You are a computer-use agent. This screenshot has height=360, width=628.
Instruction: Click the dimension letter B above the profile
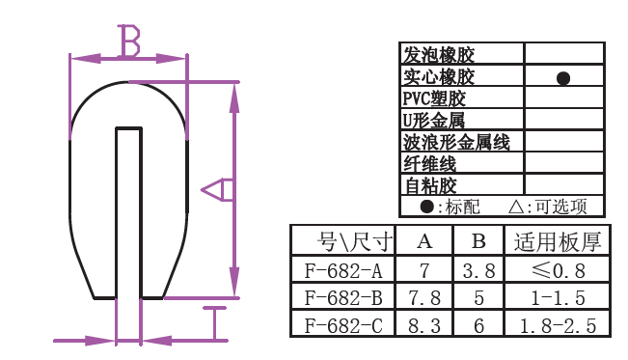coord(129,41)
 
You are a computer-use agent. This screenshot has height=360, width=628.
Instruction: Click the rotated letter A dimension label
coord(217,189)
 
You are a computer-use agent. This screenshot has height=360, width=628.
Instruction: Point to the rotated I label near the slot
coord(215,324)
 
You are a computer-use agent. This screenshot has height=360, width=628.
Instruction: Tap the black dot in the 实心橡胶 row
coord(563,78)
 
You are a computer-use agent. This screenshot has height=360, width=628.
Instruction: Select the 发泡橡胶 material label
coord(439,55)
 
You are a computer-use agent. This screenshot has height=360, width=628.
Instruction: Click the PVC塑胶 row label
coord(434,98)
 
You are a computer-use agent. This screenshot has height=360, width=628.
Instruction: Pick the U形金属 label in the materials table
coord(433,121)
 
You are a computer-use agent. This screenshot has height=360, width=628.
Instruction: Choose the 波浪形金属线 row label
coord(456,142)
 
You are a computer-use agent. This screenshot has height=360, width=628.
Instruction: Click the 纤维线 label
coord(429,163)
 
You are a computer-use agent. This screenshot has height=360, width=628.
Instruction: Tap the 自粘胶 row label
coord(430,185)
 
